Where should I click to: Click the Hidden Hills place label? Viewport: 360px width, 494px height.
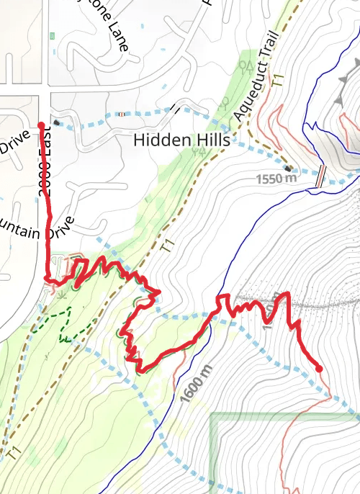181,140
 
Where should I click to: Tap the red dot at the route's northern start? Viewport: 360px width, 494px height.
42,126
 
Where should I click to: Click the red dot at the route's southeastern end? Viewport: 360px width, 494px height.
318,369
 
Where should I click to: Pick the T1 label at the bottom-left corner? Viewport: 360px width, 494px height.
12,452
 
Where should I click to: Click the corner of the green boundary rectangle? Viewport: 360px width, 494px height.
212,416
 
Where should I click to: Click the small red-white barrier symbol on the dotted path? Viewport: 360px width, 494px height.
122,114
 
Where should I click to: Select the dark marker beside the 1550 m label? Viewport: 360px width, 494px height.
289,169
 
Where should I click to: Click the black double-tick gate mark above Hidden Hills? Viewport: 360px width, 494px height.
176,109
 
